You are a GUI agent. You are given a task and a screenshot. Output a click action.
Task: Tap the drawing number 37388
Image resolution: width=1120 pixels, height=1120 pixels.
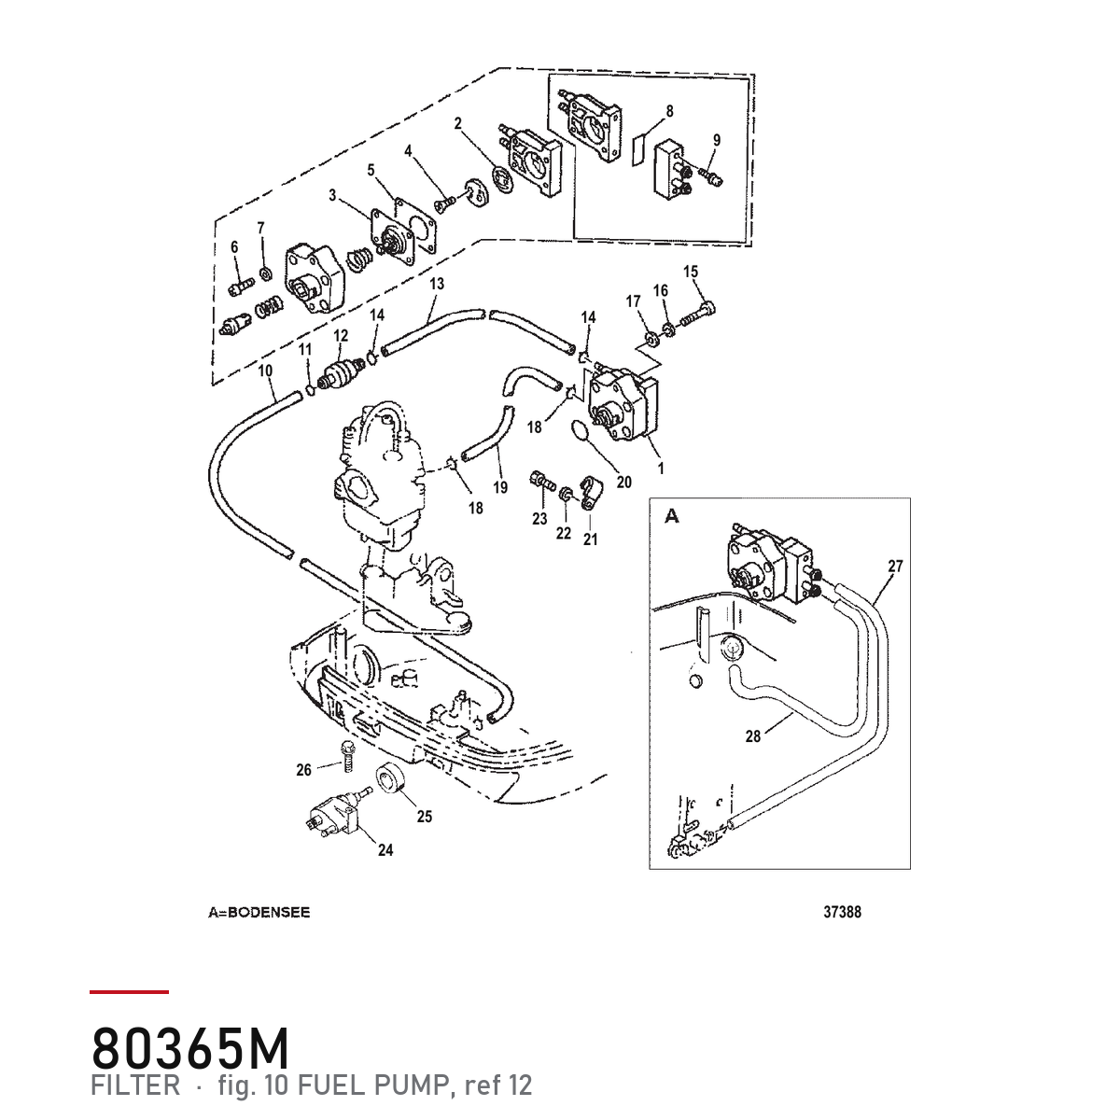(842, 912)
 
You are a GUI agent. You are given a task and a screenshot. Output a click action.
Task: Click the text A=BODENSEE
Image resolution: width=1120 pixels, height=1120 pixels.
(259, 913)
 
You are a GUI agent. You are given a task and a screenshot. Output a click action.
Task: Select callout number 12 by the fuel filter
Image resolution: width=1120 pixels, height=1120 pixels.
(341, 335)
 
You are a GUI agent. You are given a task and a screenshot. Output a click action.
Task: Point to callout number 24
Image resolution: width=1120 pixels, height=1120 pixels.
(385, 849)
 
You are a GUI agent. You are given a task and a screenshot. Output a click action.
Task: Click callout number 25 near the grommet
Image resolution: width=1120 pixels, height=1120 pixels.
(425, 817)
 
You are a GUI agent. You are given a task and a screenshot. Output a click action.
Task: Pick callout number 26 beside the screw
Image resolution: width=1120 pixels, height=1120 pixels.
(304, 770)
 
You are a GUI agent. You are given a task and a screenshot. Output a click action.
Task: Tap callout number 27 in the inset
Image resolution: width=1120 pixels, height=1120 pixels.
(896, 567)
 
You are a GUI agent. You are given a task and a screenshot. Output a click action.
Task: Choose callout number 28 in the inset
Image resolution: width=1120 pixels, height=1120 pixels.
(752, 737)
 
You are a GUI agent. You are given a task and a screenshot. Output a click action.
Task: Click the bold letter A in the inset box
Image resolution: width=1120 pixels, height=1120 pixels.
(672, 516)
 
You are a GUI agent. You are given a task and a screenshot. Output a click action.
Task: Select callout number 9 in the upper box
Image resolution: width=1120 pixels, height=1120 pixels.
(717, 140)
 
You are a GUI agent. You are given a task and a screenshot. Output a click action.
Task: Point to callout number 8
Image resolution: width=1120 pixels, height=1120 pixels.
(669, 111)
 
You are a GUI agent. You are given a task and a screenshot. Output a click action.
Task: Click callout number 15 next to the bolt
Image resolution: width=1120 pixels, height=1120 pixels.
(691, 272)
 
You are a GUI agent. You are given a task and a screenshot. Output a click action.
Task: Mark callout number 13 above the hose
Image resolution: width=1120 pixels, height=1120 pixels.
(437, 284)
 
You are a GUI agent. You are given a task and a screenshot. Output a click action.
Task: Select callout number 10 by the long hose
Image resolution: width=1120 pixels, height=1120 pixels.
(265, 371)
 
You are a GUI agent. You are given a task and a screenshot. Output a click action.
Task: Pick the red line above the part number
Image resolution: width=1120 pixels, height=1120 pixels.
(129, 992)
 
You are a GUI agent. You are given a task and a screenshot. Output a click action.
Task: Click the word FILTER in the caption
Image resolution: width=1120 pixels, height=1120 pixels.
(135, 1085)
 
